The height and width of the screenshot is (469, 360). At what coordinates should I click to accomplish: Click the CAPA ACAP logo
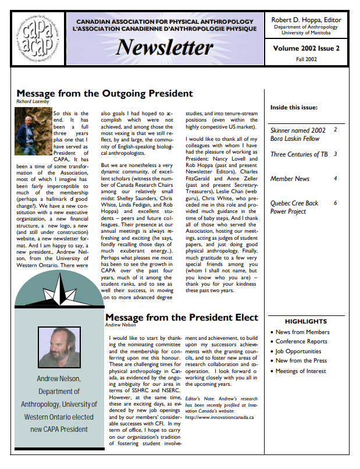click(x=38, y=38)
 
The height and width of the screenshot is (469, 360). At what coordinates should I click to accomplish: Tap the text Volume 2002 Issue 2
click(x=306, y=49)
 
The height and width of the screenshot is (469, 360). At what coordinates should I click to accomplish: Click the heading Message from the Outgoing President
click(x=105, y=93)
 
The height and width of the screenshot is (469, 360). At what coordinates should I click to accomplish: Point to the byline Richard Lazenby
click(x=33, y=102)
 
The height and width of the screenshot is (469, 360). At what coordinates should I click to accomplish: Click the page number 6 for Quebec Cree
click(x=336, y=202)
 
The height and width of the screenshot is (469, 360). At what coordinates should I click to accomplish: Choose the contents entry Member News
click(x=290, y=179)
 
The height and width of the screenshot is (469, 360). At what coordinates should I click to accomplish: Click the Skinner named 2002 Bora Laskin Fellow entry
click(x=298, y=134)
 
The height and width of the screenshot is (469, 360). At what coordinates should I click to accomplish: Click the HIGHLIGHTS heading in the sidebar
click(x=306, y=321)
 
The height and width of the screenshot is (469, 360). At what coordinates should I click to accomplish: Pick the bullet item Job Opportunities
click(x=298, y=351)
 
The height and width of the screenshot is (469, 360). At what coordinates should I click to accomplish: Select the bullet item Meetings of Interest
click(x=301, y=371)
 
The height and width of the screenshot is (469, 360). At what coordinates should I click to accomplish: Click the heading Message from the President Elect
click(x=181, y=318)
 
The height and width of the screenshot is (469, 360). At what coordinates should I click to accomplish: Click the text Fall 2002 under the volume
click(x=306, y=61)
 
